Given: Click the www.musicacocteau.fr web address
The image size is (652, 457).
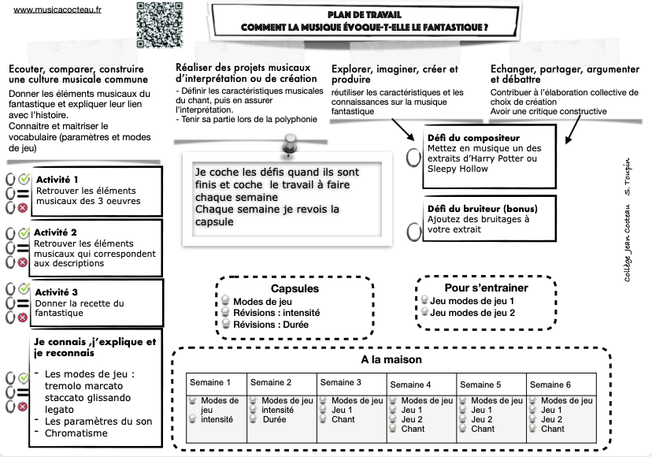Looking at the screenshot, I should tap(52, 9).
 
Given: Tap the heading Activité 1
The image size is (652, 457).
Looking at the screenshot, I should tap(57, 180).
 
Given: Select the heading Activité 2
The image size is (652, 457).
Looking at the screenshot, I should tap(57, 232).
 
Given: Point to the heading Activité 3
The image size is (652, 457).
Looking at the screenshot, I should tap(57, 292).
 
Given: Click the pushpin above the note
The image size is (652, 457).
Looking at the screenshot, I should tap(289, 145).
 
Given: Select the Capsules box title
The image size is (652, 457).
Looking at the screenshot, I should tap(272, 288).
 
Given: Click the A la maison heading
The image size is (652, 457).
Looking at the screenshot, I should tap(391, 359).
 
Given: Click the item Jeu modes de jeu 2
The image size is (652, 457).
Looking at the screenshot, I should tap(472, 313).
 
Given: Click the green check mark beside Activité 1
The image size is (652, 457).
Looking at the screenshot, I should tap(24, 178).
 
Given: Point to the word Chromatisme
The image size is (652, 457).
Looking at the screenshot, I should tap(76, 433).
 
